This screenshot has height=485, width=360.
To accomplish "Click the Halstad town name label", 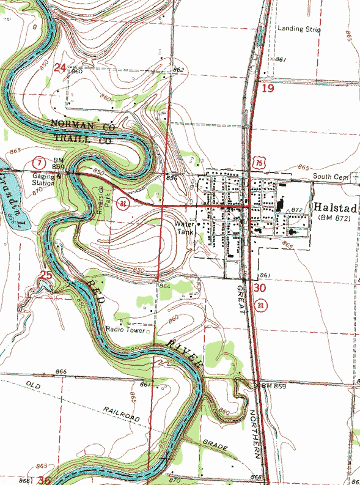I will (335, 207).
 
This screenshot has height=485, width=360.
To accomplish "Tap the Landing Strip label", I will (299, 29).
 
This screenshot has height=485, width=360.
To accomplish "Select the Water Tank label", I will (184, 227).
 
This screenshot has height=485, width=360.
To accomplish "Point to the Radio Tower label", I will (125, 329).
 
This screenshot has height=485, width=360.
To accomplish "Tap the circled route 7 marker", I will (39, 163).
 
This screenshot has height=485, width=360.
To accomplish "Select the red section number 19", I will (268, 89).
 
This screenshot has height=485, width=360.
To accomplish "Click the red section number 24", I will (59, 68).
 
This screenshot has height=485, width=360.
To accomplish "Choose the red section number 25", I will (46, 276).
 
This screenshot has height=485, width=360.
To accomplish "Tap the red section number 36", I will (44, 481).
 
